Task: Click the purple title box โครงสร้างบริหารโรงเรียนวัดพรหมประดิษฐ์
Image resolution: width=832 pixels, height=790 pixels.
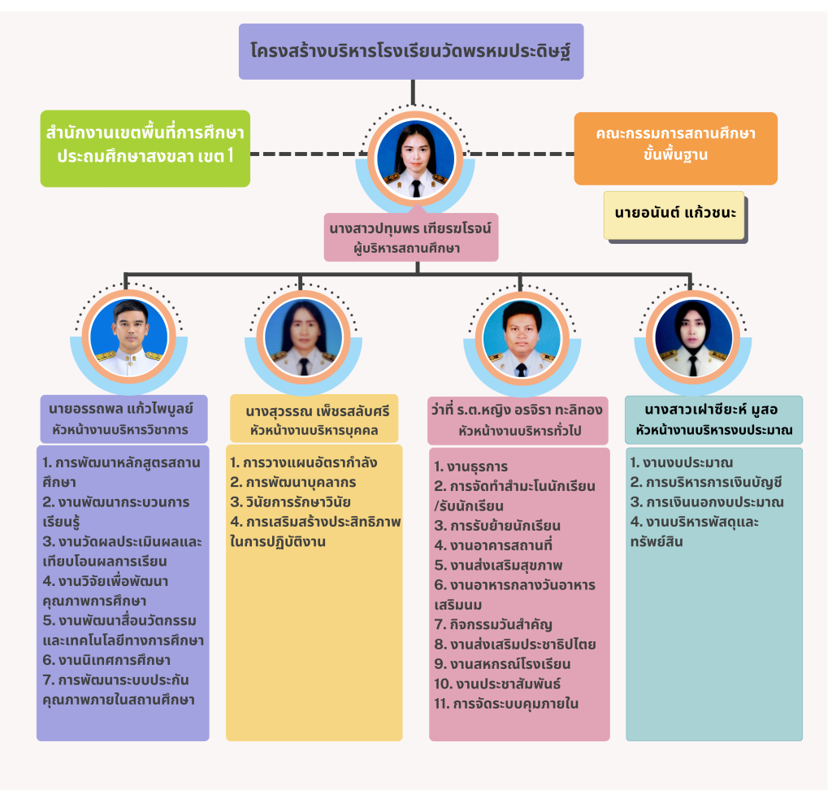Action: click(x=411, y=50)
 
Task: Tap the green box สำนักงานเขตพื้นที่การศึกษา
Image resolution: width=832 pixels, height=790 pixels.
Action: click(x=145, y=144)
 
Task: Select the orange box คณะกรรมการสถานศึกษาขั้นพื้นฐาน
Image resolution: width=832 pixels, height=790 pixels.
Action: click(x=675, y=144)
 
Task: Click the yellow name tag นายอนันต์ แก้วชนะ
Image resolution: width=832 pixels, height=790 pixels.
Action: click(x=674, y=215)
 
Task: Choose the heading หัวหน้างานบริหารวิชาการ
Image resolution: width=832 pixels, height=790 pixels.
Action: click(x=124, y=428)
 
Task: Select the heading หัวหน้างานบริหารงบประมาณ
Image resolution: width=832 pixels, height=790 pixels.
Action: click(x=714, y=429)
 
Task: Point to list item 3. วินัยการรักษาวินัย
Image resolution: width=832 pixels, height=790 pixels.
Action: click(x=292, y=501)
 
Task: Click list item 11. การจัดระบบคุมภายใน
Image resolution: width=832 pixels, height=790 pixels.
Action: click(x=506, y=703)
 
